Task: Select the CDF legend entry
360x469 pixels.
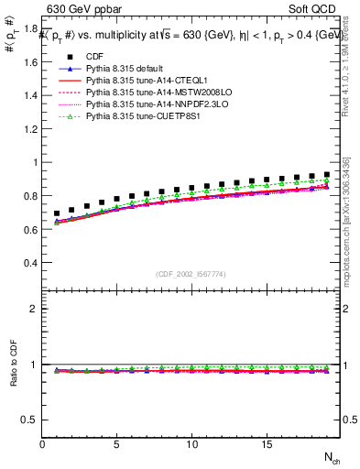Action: [95, 58]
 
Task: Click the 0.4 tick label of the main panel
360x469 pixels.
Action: [30, 263]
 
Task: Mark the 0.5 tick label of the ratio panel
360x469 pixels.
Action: [30, 420]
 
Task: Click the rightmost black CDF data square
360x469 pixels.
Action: [326, 174]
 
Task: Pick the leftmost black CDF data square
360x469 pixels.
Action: [57, 213]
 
